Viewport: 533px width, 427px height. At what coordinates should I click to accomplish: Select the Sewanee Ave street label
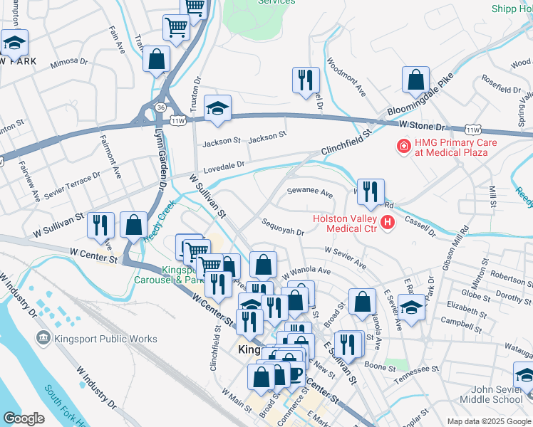[309, 192]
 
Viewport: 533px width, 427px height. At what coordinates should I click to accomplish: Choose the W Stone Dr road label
[421, 125]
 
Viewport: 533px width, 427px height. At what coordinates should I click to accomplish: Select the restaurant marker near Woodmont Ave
[306, 79]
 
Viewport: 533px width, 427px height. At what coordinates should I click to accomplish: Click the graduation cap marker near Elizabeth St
[411, 307]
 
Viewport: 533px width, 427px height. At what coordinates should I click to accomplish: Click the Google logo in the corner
[24, 418]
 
